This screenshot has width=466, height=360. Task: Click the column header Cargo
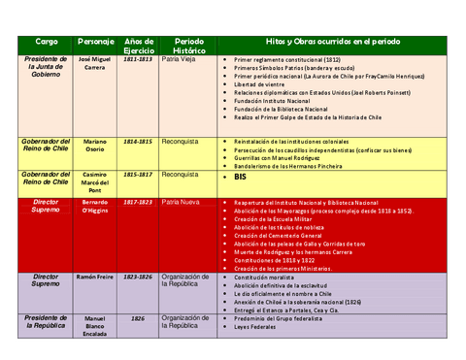46,43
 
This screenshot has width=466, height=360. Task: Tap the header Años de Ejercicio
138,47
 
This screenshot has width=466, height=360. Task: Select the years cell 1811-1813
138,59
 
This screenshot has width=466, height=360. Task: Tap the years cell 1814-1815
138,142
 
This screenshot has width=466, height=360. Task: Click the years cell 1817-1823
138,203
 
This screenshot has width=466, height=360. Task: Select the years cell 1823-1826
138,278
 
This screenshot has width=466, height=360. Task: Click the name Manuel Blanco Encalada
95,327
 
